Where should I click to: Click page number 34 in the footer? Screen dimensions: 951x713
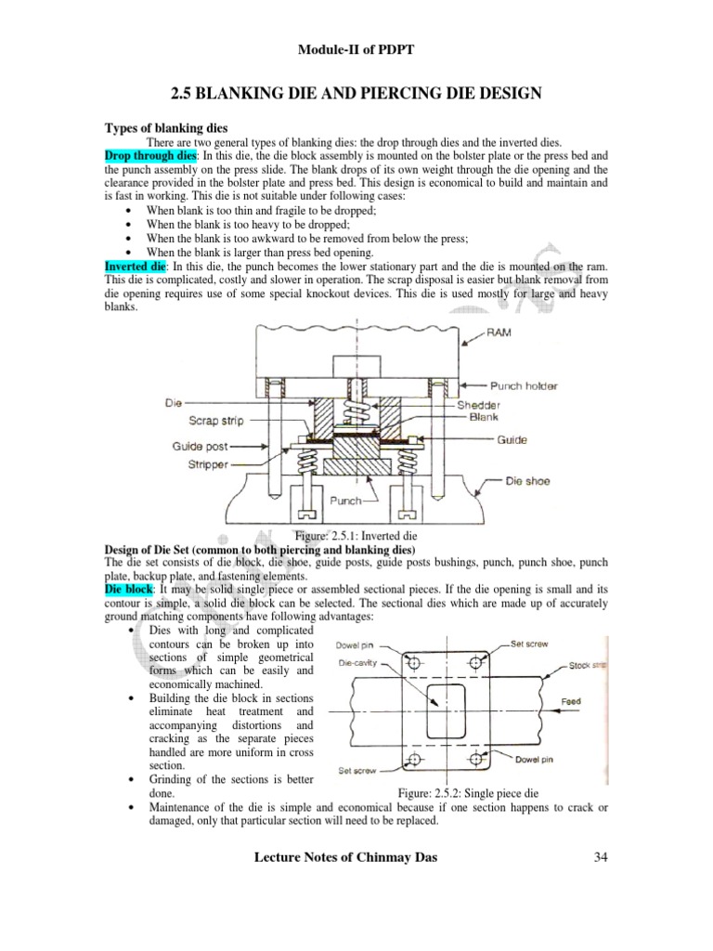[600, 856]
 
